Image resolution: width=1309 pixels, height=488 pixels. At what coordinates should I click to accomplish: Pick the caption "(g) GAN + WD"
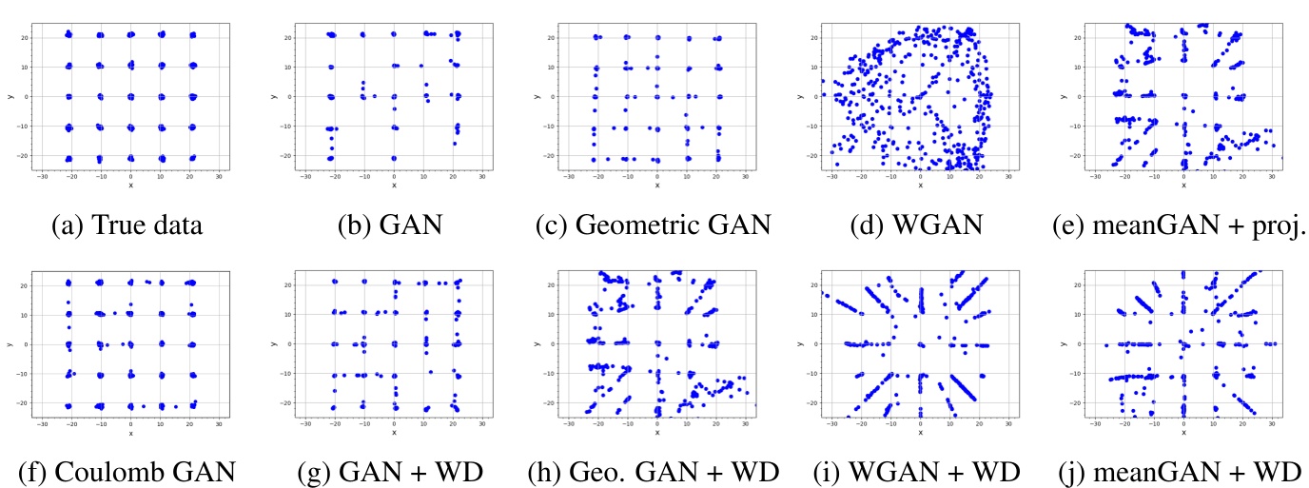393,472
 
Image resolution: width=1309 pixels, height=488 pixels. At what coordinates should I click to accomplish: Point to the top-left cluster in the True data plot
68,34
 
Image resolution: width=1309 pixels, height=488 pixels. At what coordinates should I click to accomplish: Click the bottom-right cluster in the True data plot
192,158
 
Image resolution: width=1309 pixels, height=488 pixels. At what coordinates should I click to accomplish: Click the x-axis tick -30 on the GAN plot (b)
304,176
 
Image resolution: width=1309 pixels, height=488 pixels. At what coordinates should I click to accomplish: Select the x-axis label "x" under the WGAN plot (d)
920,185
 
